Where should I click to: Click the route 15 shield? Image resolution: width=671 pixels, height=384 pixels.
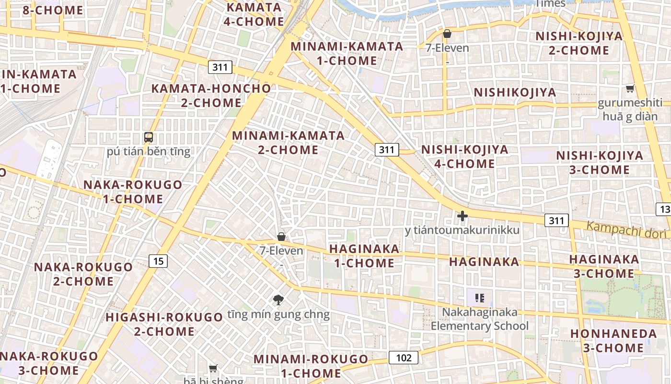pyautogui.click(x=158, y=261)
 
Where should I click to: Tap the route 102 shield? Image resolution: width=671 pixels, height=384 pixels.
pyautogui.click(x=403, y=358)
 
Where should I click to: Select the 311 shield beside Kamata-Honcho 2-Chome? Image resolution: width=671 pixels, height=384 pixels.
pyautogui.click(x=220, y=67)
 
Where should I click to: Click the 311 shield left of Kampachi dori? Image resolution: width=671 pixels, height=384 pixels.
pyautogui.click(x=556, y=221)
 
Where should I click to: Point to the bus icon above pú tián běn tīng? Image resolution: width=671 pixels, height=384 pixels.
pyautogui.click(x=149, y=137)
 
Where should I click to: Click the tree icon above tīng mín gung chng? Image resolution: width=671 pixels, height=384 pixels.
pyautogui.click(x=278, y=300)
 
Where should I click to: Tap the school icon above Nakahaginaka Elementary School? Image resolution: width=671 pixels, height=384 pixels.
pyautogui.click(x=480, y=298)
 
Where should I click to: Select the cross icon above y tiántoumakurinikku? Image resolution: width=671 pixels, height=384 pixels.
pyautogui.click(x=462, y=216)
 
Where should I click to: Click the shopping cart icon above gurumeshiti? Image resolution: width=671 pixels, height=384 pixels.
pyautogui.click(x=630, y=89)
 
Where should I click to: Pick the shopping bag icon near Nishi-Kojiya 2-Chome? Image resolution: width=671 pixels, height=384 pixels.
pyautogui.click(x=447, y=34)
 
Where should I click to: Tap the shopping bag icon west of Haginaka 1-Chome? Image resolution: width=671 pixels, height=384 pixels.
pyautogui.click(x=281, y=237)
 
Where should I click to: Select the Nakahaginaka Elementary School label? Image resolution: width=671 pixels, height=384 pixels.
pyautogui.click(x=480, y=319)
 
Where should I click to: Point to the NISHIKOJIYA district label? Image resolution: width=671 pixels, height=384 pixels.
pyautogui.click(x=515, y=92)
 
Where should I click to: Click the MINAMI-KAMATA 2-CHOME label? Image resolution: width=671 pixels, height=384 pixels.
pyautogui.click(x=288, y=143)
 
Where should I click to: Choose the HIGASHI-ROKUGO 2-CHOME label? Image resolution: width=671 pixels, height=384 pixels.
pyautogui.click(x=164, y=324)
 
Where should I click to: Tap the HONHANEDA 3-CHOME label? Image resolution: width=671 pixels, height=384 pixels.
pyautogui.click(x=613, y=340)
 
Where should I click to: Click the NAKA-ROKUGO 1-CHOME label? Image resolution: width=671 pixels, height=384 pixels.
pyautogui.click(x=133, y=192)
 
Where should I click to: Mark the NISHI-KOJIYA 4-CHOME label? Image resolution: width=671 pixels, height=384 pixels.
pyautogui.click(x=464, y=156)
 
